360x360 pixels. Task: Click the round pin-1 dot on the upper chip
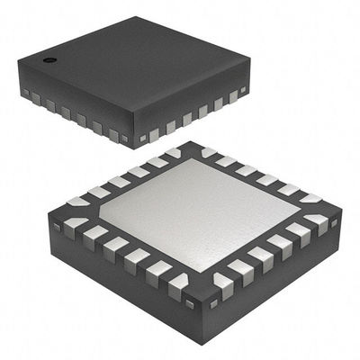[49, 61]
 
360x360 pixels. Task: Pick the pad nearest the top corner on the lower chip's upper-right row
[209, 153]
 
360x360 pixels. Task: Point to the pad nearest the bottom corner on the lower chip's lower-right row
[220, 286]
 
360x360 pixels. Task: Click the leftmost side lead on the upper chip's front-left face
[25, 93]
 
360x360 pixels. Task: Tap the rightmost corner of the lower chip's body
[340, 216]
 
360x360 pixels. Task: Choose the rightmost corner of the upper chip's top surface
[248, 78]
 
